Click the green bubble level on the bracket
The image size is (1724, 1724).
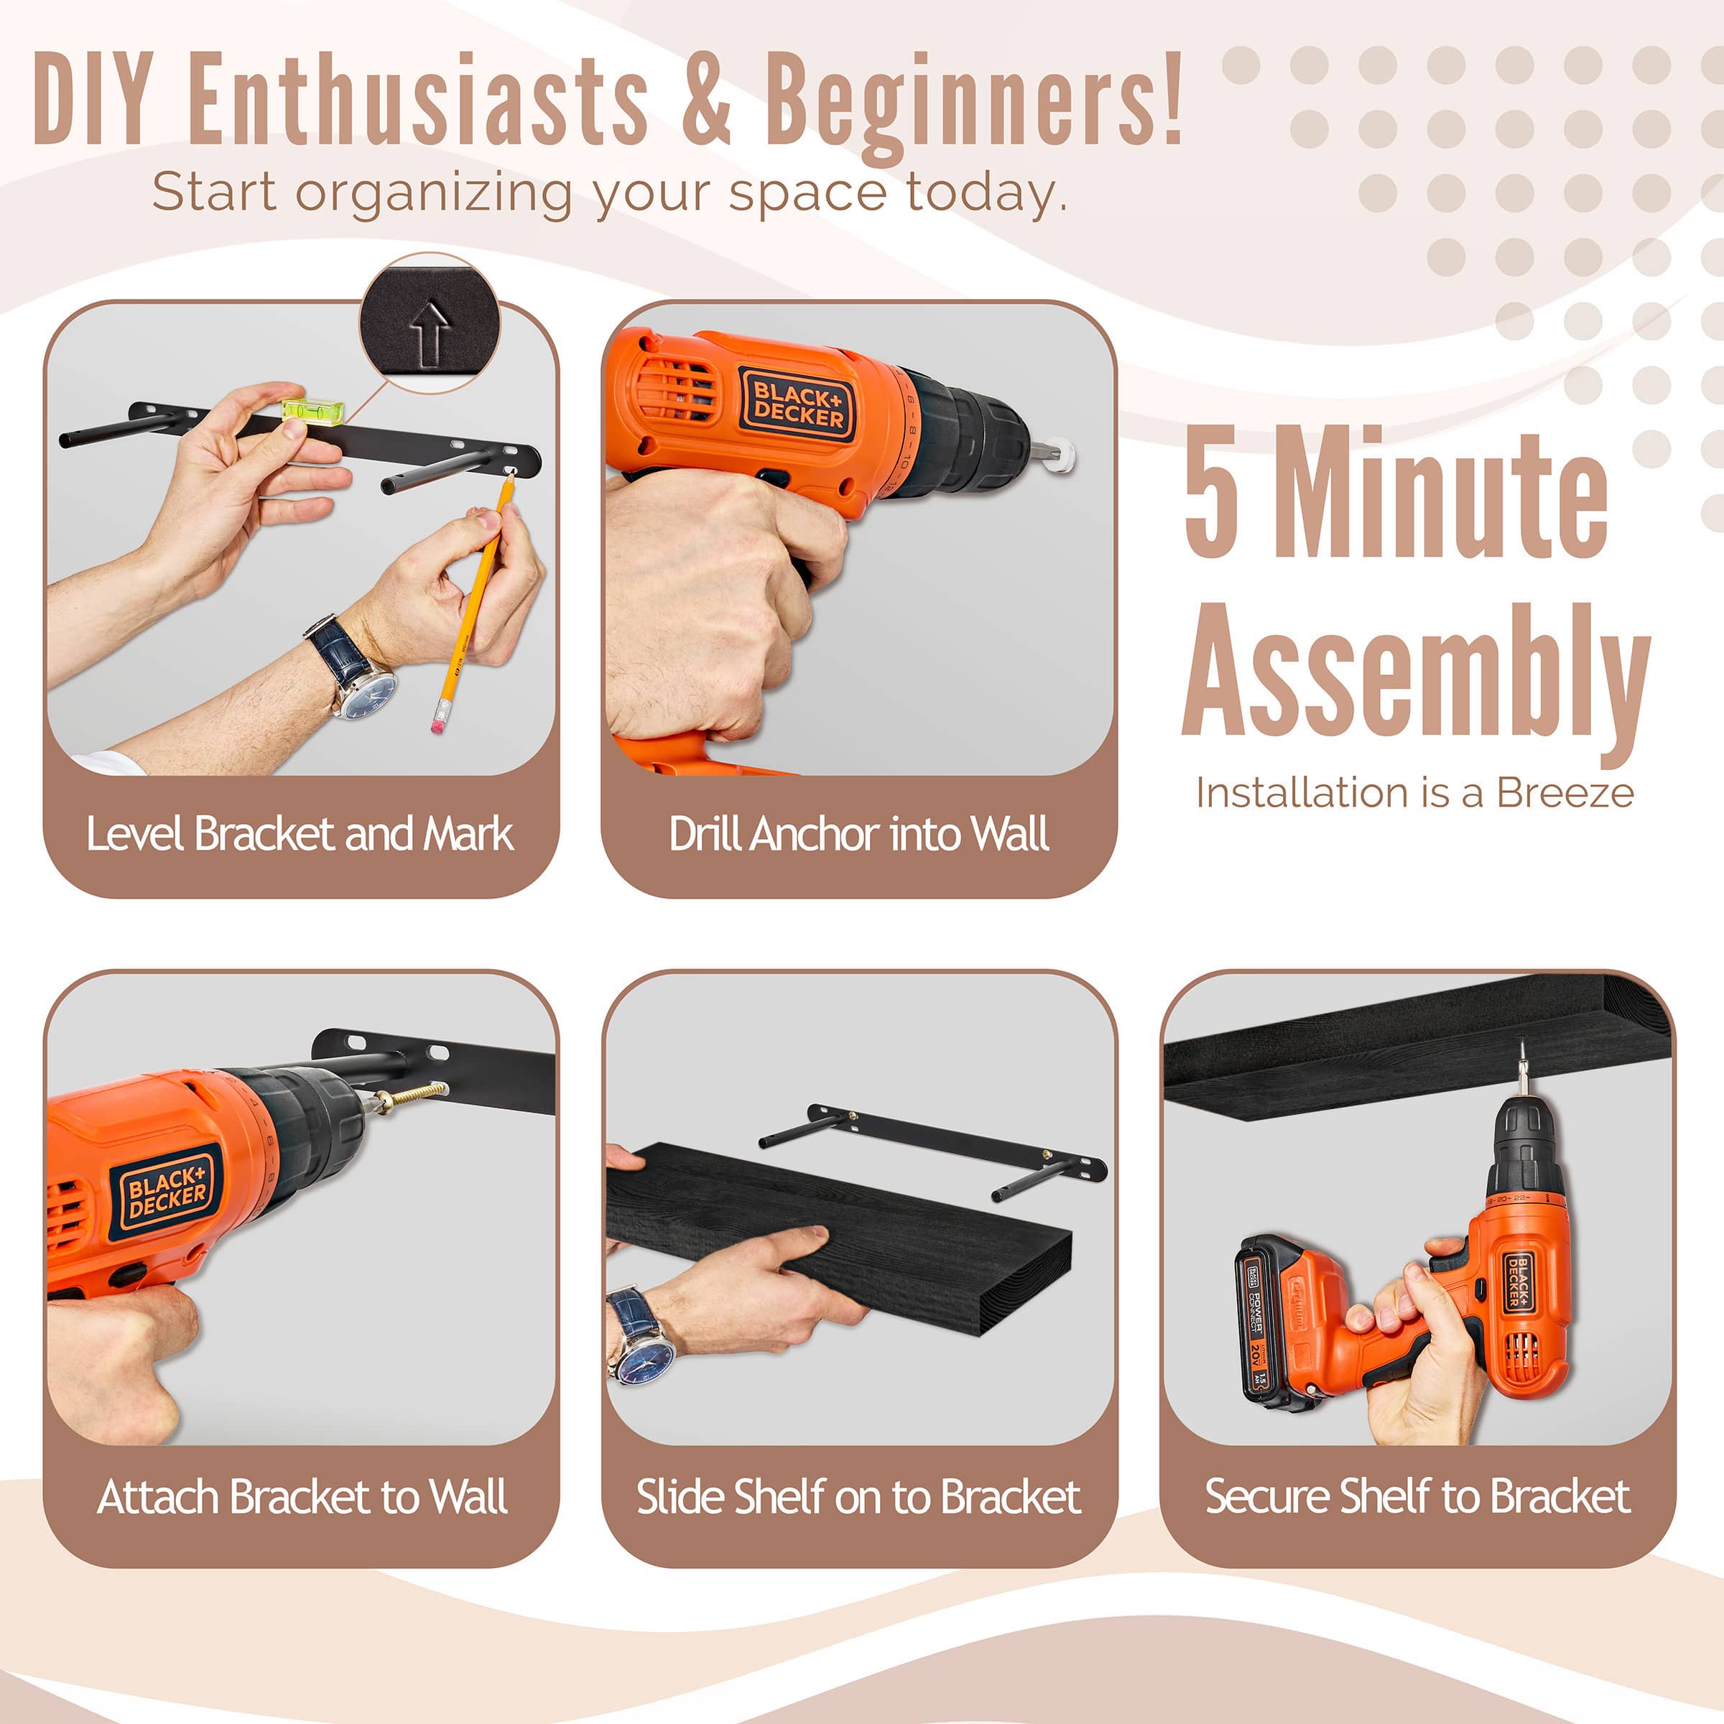click(313, 409)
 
